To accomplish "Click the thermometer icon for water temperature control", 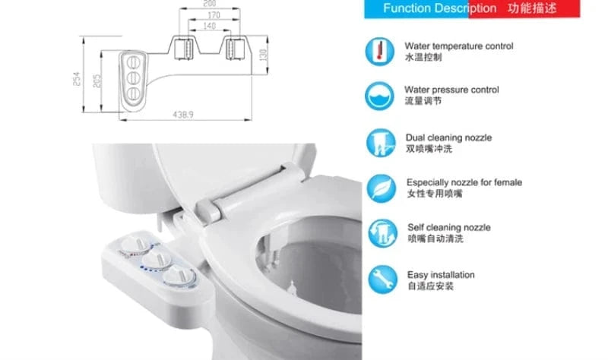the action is click(379, 52).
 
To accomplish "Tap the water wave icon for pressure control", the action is click(379, 96).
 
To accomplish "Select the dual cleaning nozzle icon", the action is click(381, 143).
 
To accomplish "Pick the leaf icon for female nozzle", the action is click(382, 188).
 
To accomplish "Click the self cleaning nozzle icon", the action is click(382, 233).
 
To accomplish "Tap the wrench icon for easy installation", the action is click(383, 279).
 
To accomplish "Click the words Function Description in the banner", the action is click(440, 8).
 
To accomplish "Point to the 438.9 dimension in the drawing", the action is click(183, 115).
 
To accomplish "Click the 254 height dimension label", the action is click(78, 79).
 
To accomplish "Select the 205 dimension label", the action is click(97, 81).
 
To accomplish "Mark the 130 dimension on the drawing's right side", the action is click(263, 55).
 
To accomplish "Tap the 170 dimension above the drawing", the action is click(214, 15).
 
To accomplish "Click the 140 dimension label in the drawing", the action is click(210, 26).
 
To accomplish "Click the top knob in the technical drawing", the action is click(133, 62).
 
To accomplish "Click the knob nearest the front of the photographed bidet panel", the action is click(179, 276).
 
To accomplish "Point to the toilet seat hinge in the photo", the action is click(210, 210).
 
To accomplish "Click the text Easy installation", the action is click(441, 275).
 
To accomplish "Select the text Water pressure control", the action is click(451, 90).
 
